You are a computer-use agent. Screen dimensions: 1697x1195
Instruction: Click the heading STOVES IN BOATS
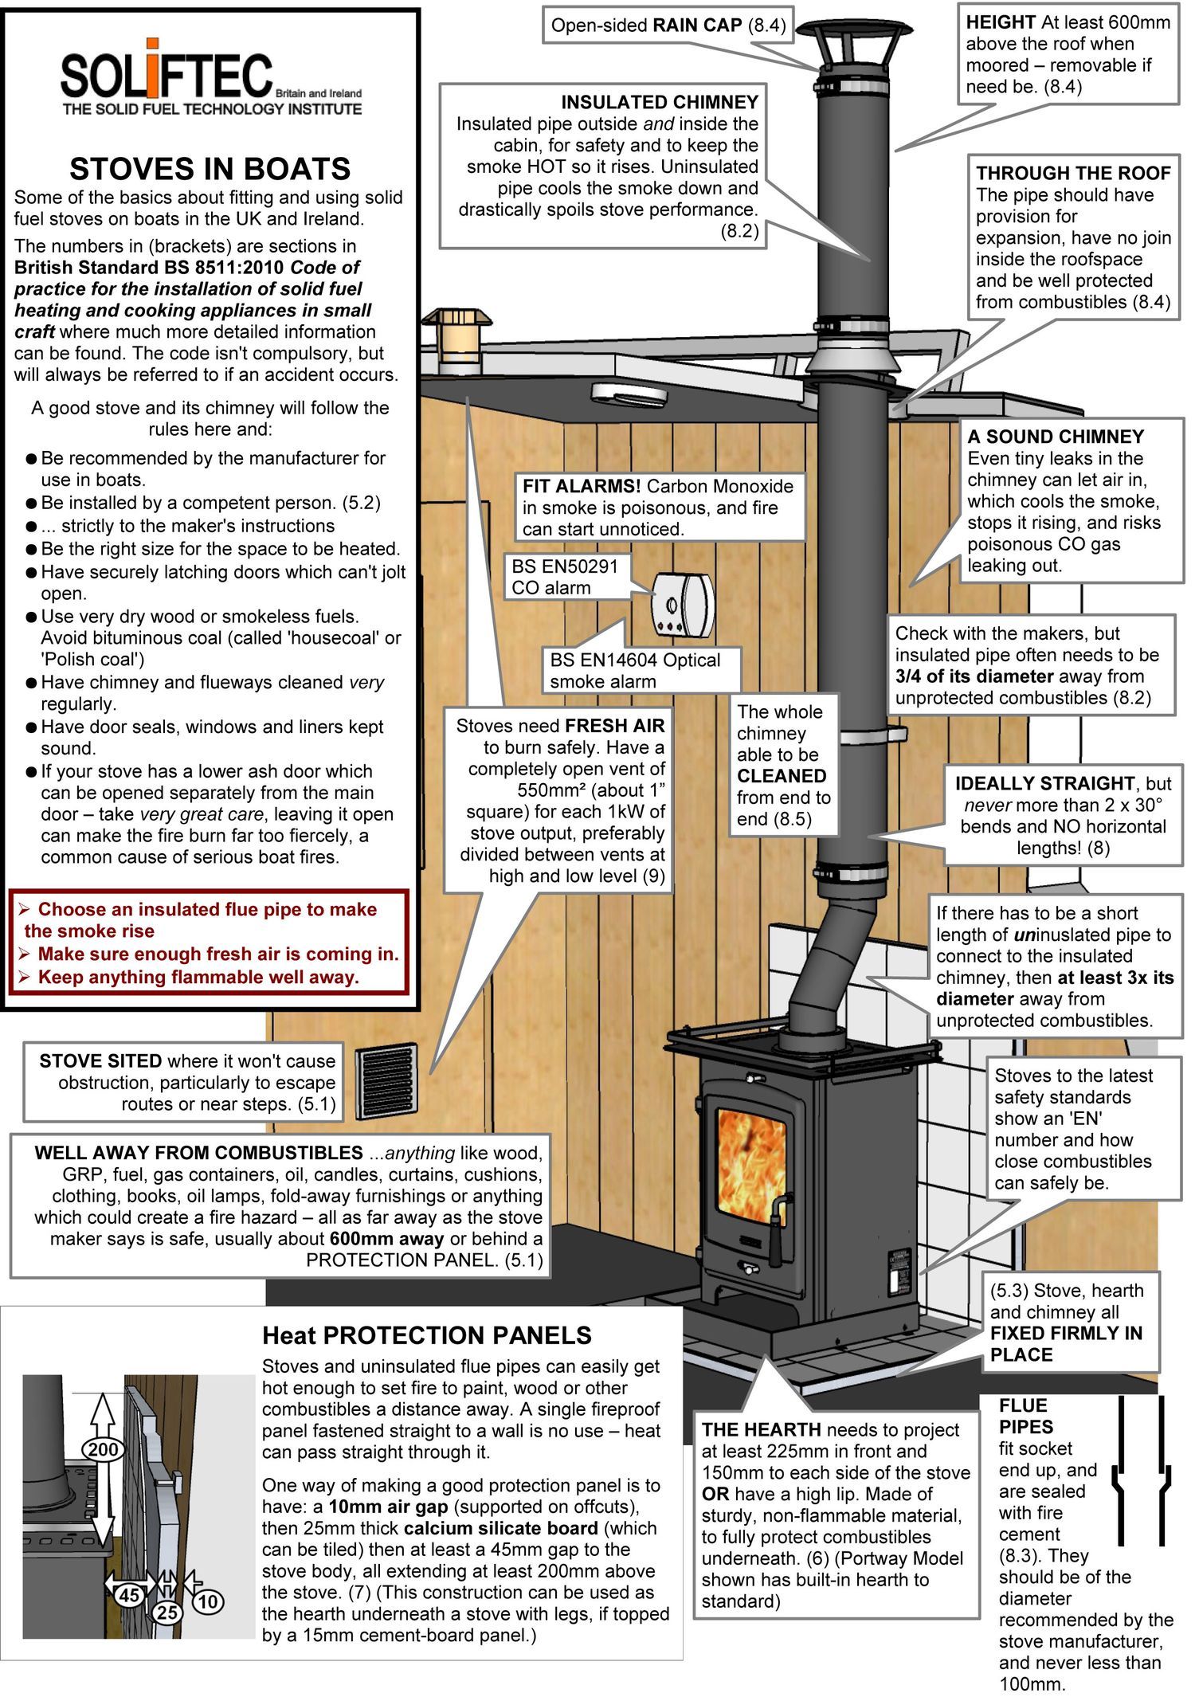click(210, 169)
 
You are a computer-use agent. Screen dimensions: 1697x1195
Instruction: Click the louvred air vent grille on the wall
click(386, 1082)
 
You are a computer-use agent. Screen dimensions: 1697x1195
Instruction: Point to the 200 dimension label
click(103, 1449)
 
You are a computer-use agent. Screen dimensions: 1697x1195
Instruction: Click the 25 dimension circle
click(167, 1612)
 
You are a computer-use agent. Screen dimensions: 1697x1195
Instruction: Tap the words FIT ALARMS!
click(582, 487)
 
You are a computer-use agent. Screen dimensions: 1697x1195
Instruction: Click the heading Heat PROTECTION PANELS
click(427, 1335)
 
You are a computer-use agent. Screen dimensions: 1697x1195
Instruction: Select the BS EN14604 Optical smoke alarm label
click(635, 670)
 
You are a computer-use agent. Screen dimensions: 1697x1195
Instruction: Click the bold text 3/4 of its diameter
click(962, 676)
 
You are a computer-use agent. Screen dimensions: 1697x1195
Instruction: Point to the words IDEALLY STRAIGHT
click(1044, 783)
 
